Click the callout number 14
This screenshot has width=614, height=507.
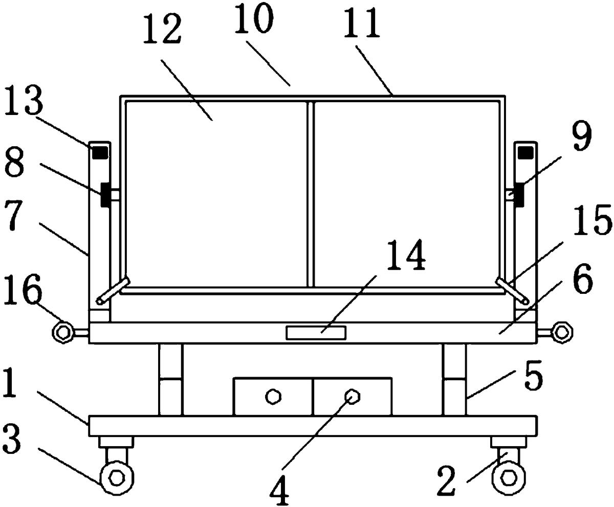406,255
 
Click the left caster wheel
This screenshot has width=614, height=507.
117,478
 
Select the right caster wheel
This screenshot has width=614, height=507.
509,478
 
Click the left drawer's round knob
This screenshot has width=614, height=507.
273,397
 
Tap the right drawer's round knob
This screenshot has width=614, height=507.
352,397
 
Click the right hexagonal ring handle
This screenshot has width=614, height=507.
562,333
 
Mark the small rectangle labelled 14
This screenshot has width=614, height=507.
316,333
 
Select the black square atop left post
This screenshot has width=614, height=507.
100,152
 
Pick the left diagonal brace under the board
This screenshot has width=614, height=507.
113,290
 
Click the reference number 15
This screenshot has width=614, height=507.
593,220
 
